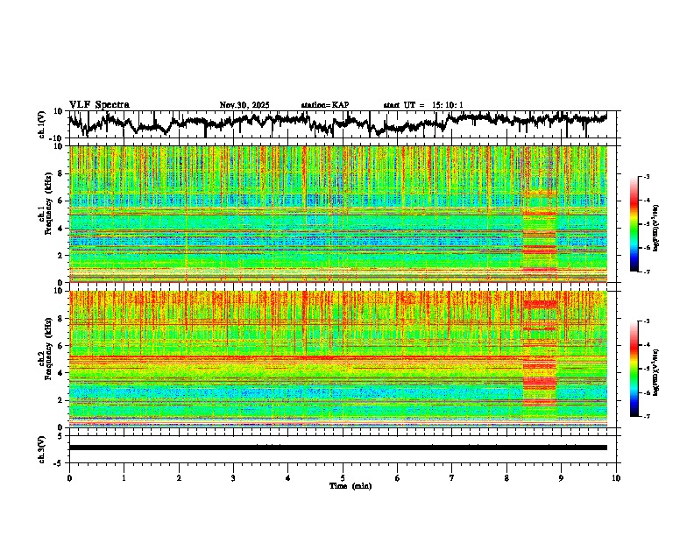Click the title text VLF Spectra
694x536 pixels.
pos(99,104)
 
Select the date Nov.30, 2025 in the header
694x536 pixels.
pos(244,105)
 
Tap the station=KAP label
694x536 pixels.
pos(324,105)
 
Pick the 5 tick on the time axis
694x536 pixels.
pos(343,477)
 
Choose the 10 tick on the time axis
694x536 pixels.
pos(616,477)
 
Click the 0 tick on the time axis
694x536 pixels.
pos(69,477)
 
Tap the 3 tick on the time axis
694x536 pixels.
pos(233,477)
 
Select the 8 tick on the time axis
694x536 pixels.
pos(506,477)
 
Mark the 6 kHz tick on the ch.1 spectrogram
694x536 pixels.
pos(60,201)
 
